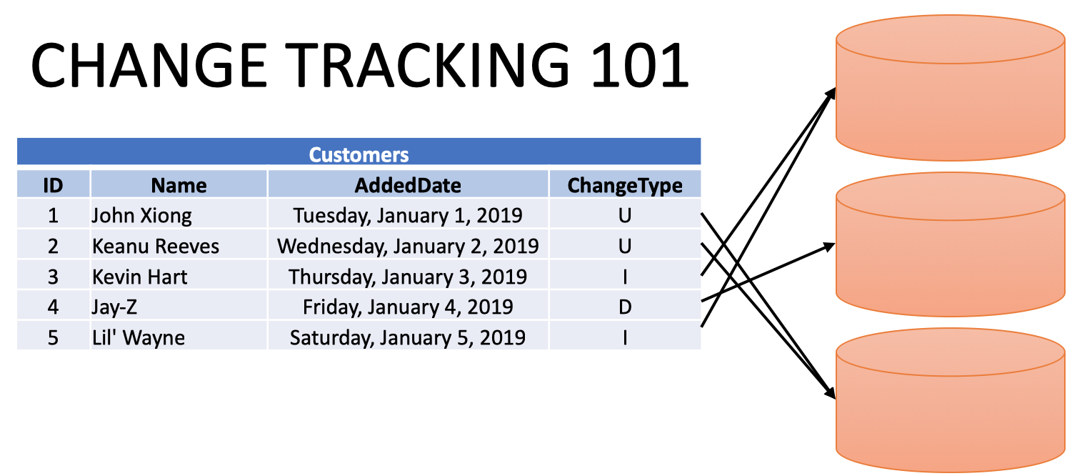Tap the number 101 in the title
click(x=640, y=66)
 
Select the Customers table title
click(x=359, y=155)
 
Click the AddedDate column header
click(x=408, y=185)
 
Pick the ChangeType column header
click(x=625, y=186)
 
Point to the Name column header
click(x=179, y=185)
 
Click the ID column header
click(x=53, y=185)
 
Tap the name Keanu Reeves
click(x=156, y=247)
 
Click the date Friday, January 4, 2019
click(x=408, y=307)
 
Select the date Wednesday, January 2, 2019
click(x=408, y=247)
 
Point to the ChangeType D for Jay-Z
click(x=625, y=307)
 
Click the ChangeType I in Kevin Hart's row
click(x=625, y=277)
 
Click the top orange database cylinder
click(x=951, y=88)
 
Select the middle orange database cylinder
click(x=951, y=244)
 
